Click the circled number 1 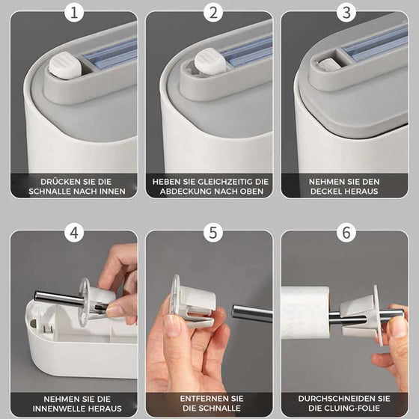pos(74,13)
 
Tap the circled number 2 pos(212,13)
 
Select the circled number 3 pos(346,13)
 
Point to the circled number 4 pos(74,233)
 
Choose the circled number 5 pos(212,233)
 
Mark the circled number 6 pos(346,233)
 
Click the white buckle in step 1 pos(65,66)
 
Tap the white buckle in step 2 pos(210,61)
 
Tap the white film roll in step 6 pos(305,313)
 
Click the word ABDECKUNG pos(186,192)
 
